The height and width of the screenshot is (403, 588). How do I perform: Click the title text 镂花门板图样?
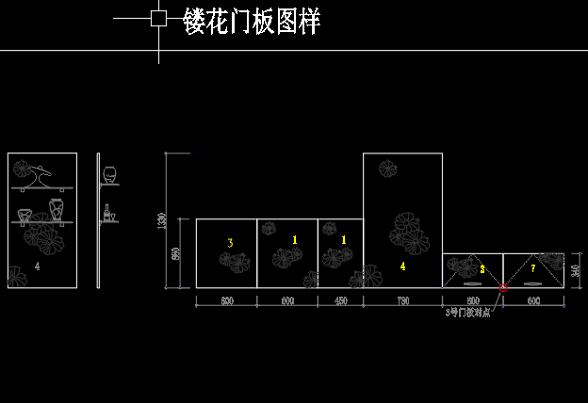click(x=252, y=22)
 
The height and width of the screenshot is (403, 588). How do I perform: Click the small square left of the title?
click(x=158, y=18)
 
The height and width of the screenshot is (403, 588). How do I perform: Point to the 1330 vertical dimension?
click(x=162, y=220)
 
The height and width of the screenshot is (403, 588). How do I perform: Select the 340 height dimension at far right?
click(x=576, y=271)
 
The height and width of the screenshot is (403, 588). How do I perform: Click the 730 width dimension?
click(x=402, y=301)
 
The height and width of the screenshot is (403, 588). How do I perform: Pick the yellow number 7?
click(x=532, y=268)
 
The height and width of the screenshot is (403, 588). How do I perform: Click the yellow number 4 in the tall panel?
click(x=402, y=266)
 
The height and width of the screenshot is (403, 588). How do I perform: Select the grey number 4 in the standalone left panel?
click(x=37, y=266)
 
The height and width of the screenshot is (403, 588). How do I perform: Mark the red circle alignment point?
click(x=502, y=287)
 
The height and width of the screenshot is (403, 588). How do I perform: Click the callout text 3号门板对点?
click(x=467, y=312)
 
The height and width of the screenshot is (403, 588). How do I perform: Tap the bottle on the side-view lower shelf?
click(x=106, y=214)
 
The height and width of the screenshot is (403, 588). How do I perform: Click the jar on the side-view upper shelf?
click(x=110, y=174)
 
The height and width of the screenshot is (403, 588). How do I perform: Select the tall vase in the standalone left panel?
click(x=56, y=209)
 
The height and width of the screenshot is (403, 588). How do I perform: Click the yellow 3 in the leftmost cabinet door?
click(x=230, y=243)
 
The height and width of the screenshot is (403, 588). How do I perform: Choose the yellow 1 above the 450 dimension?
click(x=343, y=240)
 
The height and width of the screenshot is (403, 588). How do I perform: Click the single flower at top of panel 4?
click(x=387, y=169)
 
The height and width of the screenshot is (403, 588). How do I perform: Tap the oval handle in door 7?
click(x=533, y=282)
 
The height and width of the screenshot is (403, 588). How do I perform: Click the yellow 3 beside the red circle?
click(x=482, y=268)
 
